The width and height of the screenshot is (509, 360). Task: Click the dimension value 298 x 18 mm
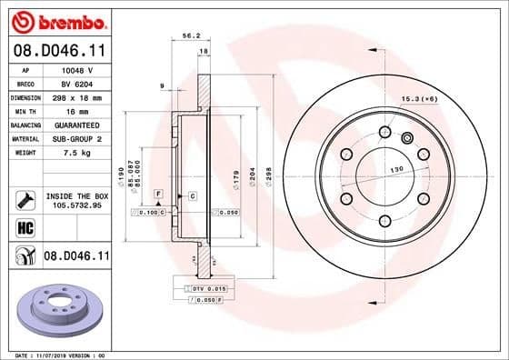pyautogui.click(x=82, y=95)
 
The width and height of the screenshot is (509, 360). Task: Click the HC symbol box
pyautogui.click(x=25, y=228)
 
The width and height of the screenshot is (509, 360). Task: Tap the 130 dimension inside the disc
pyautogui.click(x=396, y=169)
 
